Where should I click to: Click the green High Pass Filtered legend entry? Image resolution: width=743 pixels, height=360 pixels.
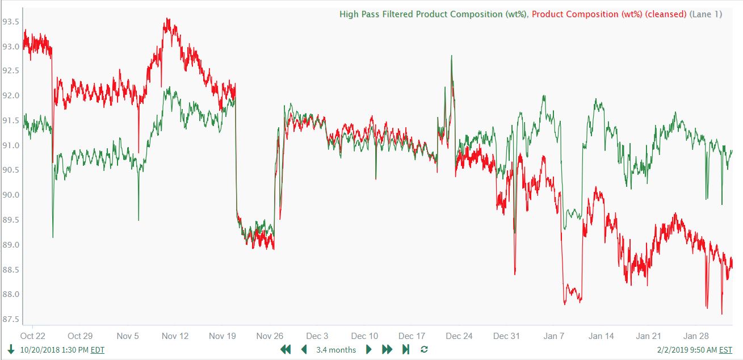coord(434,14)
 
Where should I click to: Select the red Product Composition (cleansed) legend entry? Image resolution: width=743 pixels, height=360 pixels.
coord(609,14)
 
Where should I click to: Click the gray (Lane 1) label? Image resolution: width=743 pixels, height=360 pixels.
coord(706,14)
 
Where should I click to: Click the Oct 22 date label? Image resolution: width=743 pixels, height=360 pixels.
coord(33,336)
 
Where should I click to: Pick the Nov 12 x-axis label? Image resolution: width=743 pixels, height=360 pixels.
coord(175,336)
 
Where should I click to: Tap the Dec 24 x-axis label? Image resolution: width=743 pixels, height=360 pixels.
coord(459,336)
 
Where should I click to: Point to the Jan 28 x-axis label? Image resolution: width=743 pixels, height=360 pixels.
coord(696,336)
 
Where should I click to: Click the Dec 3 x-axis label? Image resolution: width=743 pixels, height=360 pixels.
coord(317,336)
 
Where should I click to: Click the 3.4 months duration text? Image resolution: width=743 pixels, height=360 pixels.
coord(336,350)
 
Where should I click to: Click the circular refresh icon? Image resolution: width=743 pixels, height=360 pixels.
coord(424,350)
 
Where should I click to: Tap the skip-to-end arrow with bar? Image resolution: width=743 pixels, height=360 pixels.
coord(406,350)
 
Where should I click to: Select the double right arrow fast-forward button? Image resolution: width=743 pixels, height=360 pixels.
coord(387,350)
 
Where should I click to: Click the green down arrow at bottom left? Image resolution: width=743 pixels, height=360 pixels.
coord(11,350)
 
